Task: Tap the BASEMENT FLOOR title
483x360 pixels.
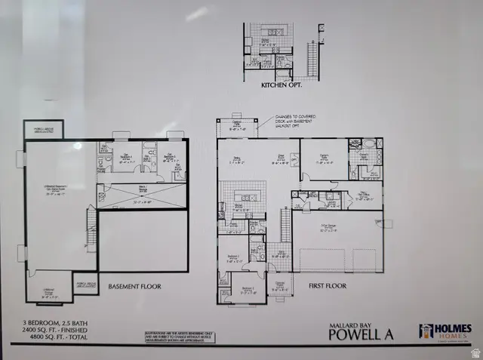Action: pyautogui.click(x=135, y=287)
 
